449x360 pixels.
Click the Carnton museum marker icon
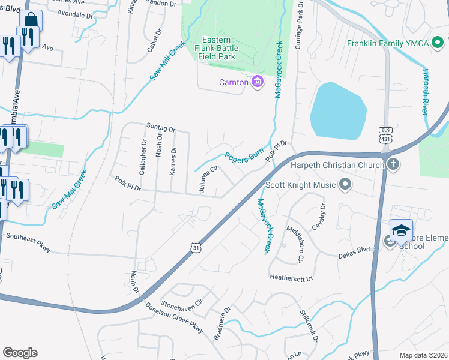pyautogui.click(x=258, y=82)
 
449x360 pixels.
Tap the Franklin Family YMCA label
pyautogui.click(x=394, y=44)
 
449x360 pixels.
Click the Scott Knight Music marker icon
pyautogui.click(x=345, y=185)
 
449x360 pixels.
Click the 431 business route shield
pyautogui.click(x=385, y=135)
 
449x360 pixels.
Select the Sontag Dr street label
pyautogui.click(x=161, y=128)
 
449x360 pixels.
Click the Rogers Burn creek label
pyautogui.click(x=244, y=156)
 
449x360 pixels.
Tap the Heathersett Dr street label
pyautogui.click(x=292, y=278)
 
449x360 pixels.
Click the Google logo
pyautogui.click(x=20, y=353)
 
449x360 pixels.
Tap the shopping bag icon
pyautogui.click(x=31, y=21)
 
